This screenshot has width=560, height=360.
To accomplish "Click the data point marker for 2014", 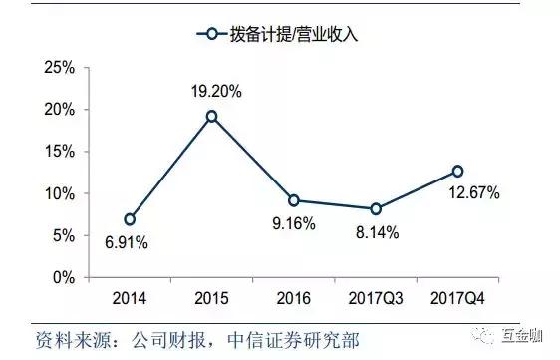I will tap(130, 219).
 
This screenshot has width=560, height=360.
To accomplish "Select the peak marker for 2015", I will tap(211, 117).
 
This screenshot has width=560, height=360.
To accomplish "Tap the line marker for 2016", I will tap(293, 200).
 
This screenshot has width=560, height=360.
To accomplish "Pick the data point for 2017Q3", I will tap(375, 209).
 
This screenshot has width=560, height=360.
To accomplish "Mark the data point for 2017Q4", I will tap(457, 172).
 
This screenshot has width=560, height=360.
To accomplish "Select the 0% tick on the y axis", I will tap(64, 277).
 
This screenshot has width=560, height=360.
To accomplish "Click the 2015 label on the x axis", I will tap(211, 298).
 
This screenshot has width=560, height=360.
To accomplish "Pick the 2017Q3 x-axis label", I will tap(375, 298).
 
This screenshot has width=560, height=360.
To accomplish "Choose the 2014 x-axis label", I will tap(130, 298).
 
